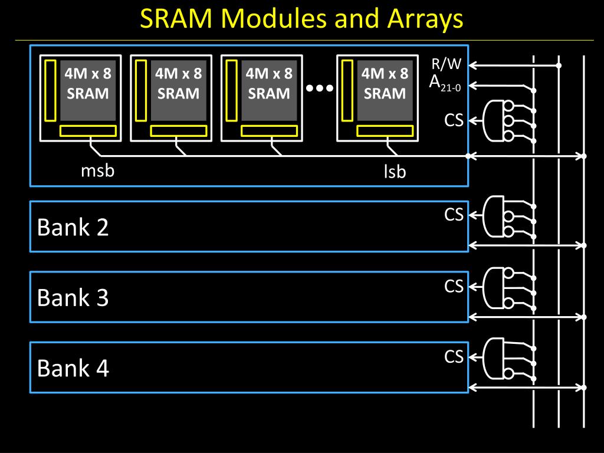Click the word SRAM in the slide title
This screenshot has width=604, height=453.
tap(176, 18)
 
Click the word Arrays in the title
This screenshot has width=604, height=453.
tap(425, 19)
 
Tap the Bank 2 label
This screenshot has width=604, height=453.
tap(73, 227)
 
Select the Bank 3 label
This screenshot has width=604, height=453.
tap(73, 297)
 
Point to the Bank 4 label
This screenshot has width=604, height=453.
tap(73, 368)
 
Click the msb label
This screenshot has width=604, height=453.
tap(97, 170)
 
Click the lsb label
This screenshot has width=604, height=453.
tap(395, 172)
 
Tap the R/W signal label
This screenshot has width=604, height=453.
tap(446, 64)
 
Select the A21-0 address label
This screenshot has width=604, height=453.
tap(445, 83)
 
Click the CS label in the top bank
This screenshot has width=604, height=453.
tap(454, 120)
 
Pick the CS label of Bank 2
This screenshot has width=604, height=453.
tap(454, 215)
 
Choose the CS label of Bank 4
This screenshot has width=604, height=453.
tap(454, 356)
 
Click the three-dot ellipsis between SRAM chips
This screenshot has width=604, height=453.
tap(319, 88)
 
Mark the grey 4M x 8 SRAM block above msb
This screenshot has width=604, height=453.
tap(88, 90)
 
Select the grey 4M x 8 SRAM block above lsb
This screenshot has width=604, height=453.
tap(385, 90)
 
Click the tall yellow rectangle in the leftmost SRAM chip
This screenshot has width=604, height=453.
tap(51, 90)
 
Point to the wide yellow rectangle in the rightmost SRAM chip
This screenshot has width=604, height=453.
tap(385, 131)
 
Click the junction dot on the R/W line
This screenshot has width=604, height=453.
tap(559, 65)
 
